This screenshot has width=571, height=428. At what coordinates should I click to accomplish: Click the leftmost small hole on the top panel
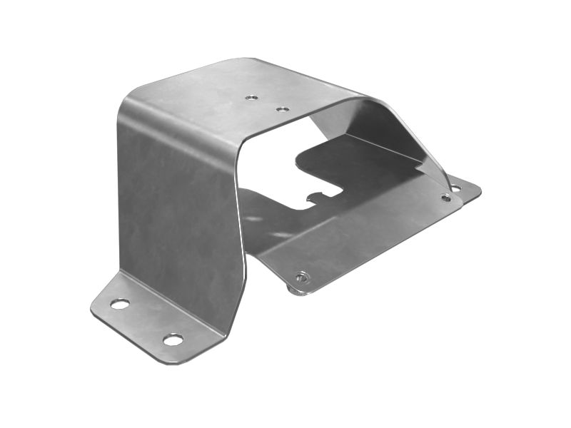pyautogui.click(x=251, y=97)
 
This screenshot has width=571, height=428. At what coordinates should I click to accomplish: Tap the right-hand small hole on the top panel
pyautogui.click(x=283, y=110)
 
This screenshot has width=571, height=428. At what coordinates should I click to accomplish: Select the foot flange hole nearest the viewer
pyautogui.click(x=173, y=339)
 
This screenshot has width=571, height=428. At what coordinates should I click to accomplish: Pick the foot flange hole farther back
pyautogui.click(x=120, y=304)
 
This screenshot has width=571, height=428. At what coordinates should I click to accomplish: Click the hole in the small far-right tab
pyautogui.click(x=456, y=188)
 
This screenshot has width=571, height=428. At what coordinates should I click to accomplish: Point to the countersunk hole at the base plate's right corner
pyautogui.click(x=445, y=198)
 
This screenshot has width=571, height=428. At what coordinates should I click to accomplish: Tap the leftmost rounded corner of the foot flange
pyautogui.click(x=95, y=309)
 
